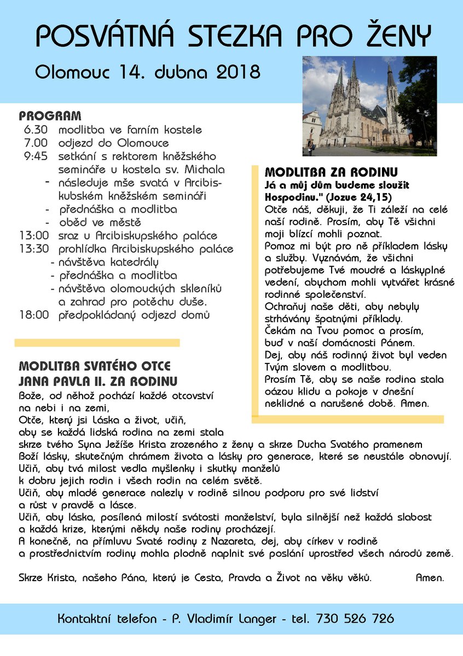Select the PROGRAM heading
(x=50, y=116)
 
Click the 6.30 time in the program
(x=36, y=130)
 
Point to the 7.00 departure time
(x=36, y=143)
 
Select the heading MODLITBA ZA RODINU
(x=331, y=171)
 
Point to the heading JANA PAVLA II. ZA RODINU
(x=98, y=380)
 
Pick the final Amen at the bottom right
(x=430, y=577)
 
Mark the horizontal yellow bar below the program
(x=97, y=343)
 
